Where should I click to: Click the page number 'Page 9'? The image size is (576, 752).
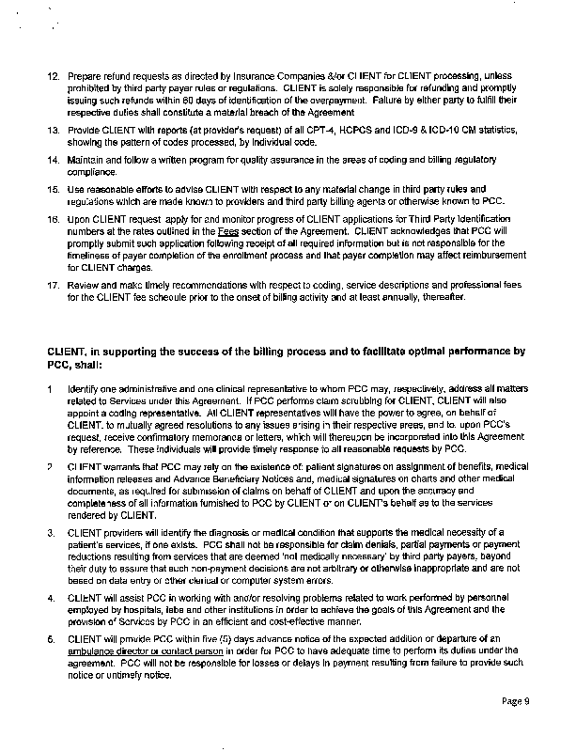pyautogui.click(x=516, y=699)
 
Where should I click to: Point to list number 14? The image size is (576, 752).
pyautogui.click(x=53, y=161)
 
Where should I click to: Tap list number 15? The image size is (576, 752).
pyautogui.click(x=53, y=189)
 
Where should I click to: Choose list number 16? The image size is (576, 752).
pyautogui.click(x=53, y=217)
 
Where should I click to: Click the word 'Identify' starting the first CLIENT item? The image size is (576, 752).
pyautogui.click(x=84, y=387)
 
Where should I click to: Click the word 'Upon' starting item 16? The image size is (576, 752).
pyautogui.click(x=80, y=217)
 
